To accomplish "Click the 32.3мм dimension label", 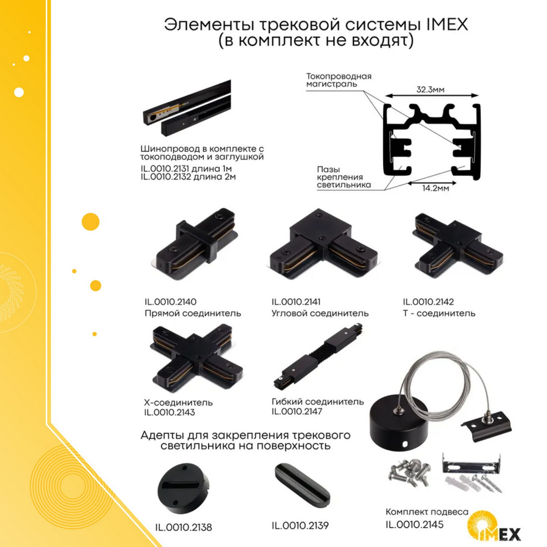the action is pos(430,90).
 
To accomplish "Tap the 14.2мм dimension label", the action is pos(436,188).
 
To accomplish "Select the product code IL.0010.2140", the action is pos(171,301).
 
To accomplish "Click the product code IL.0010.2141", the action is pos(296,301).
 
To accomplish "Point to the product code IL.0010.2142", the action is pos(428,301).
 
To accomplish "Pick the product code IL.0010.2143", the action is pos(170,412).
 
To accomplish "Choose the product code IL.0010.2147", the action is pos(297,411).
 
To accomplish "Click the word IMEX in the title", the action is pos(447,24).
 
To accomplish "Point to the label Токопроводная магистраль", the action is pos(338,80).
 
